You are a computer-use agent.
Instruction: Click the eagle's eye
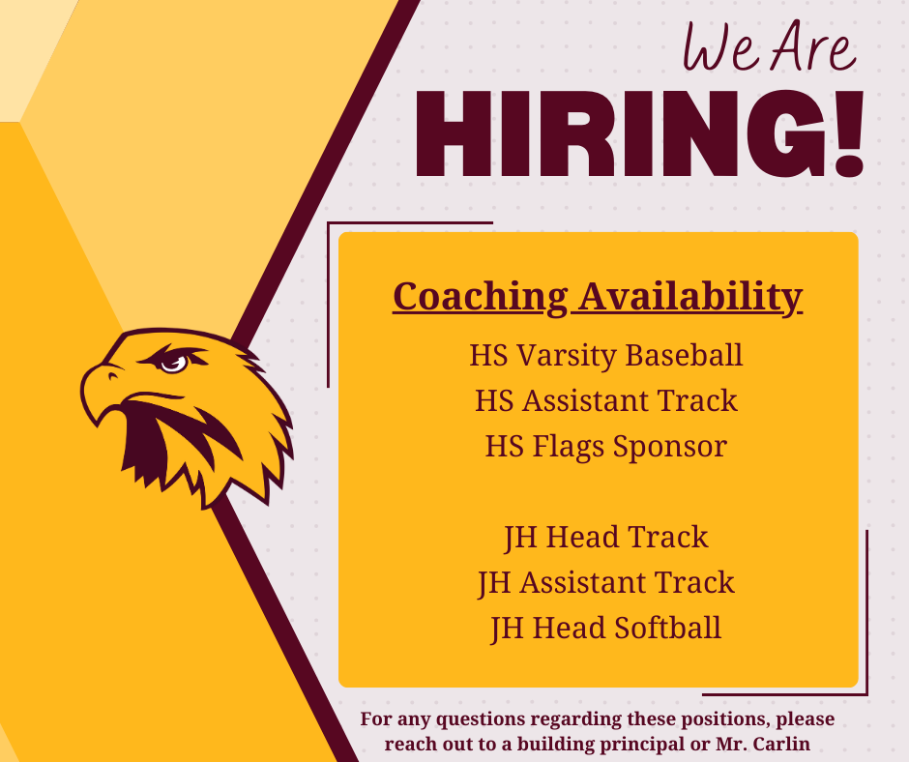173,363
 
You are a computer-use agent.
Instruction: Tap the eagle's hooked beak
97,392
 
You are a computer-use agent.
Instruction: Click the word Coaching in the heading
480,296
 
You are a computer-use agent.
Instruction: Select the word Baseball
684,355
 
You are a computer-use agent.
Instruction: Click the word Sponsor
677,446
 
